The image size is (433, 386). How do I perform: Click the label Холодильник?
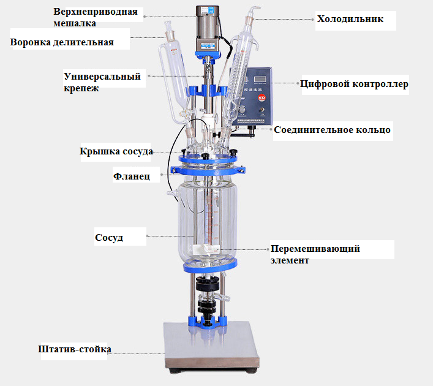350,19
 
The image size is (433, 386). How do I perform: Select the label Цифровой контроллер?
354,84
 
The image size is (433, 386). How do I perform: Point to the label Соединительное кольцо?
332,130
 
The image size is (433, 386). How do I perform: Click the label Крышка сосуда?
116,151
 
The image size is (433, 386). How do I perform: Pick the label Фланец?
131,176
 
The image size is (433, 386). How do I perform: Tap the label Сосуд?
109,237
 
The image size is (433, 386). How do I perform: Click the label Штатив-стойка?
74,350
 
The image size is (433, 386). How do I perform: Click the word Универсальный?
102,77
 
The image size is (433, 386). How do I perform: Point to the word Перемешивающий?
315,249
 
